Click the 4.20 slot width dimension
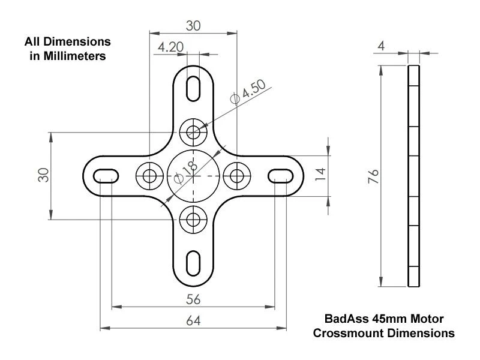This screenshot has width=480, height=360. [171, 47]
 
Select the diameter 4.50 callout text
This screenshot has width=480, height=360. [247, 92]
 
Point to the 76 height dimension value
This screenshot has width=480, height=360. [373, 176]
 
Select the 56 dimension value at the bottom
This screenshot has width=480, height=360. [193, 299]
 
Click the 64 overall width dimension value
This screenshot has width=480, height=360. [193, 320]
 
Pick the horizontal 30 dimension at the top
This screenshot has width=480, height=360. [193, 25]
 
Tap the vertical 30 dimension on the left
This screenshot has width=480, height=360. [44, 176]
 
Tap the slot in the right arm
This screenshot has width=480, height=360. [281, 175]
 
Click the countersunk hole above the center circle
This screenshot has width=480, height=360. [193, 131]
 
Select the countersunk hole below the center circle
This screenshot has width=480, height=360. [193, 220]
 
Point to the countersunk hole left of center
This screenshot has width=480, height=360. [149, 175]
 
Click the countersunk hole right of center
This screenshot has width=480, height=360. [237, 175]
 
